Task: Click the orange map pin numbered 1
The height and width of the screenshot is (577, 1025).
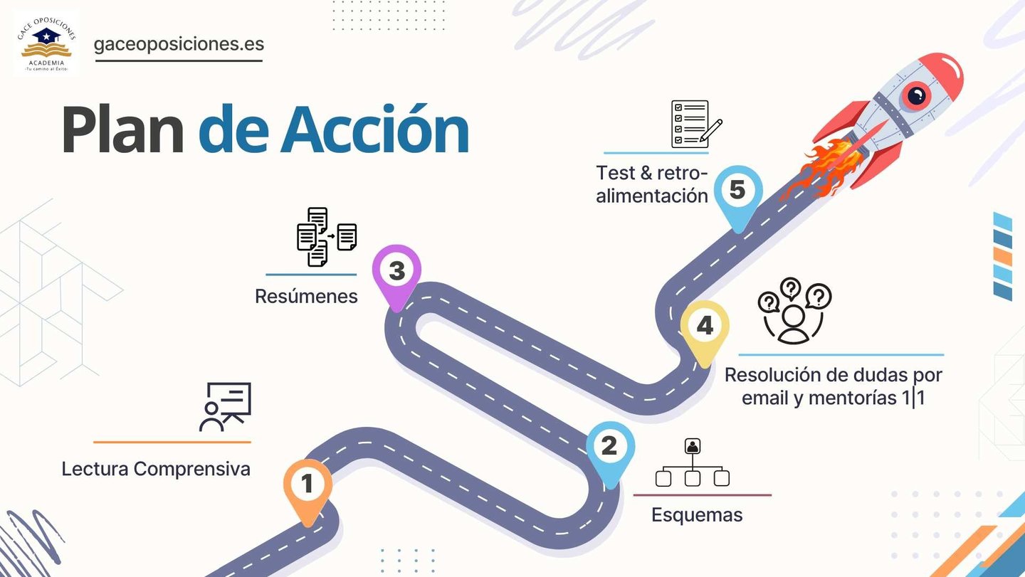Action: click(307, 487)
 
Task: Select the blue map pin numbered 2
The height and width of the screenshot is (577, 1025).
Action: click(610, 448)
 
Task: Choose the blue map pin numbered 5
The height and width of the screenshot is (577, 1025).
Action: click(738, 191)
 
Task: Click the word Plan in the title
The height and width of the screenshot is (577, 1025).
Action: click(122, 130)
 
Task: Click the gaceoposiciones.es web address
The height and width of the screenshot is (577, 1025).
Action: click(179, 44)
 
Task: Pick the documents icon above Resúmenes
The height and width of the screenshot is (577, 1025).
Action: click(327, 237)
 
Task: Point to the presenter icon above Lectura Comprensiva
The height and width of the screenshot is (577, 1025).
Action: click(225, 406)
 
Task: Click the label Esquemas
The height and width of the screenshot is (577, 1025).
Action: click(697, 515)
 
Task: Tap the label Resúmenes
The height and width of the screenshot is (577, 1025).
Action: click(306, 296)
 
